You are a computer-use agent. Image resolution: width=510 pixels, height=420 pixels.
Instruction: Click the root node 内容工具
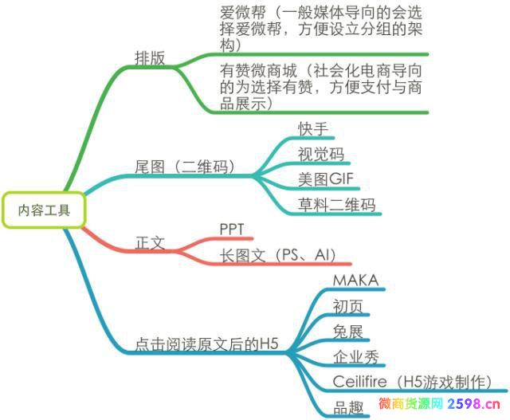[44, 210]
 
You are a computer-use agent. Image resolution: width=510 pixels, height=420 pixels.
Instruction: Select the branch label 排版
[150, 58]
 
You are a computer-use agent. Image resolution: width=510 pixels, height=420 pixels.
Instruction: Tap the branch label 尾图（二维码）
[185, 167]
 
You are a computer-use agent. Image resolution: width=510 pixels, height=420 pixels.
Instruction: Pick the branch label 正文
[150, 243]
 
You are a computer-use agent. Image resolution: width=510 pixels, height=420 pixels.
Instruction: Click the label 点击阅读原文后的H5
[206, 343]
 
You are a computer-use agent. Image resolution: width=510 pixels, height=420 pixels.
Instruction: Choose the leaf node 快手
[313, 129]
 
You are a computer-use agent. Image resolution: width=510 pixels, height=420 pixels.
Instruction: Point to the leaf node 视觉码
[321, 154]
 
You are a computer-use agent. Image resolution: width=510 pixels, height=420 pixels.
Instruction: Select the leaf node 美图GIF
[326, 179]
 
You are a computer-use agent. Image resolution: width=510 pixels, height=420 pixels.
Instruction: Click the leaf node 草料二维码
[336, 205]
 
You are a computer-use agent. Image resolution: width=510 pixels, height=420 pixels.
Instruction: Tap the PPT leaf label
[232, 230]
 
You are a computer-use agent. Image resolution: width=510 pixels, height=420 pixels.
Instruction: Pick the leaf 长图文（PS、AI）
[277, 255]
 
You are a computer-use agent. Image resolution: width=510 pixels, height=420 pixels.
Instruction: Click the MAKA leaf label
[356, 280]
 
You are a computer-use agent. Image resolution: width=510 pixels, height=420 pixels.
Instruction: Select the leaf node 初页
[347, 306]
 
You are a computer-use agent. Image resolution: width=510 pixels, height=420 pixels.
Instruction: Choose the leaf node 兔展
[347, 332]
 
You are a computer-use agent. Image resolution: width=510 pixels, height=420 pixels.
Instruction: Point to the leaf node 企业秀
[356, 357]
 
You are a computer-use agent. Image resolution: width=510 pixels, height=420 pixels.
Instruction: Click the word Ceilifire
[359, 381]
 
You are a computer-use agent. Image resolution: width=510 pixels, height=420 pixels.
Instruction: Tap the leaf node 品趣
[348, 407]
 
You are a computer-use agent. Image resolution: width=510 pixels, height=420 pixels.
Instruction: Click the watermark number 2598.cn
[473, 404]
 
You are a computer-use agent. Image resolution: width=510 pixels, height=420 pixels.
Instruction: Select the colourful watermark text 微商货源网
[411, 404]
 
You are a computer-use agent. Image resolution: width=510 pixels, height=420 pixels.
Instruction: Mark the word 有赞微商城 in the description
[258, 71]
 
